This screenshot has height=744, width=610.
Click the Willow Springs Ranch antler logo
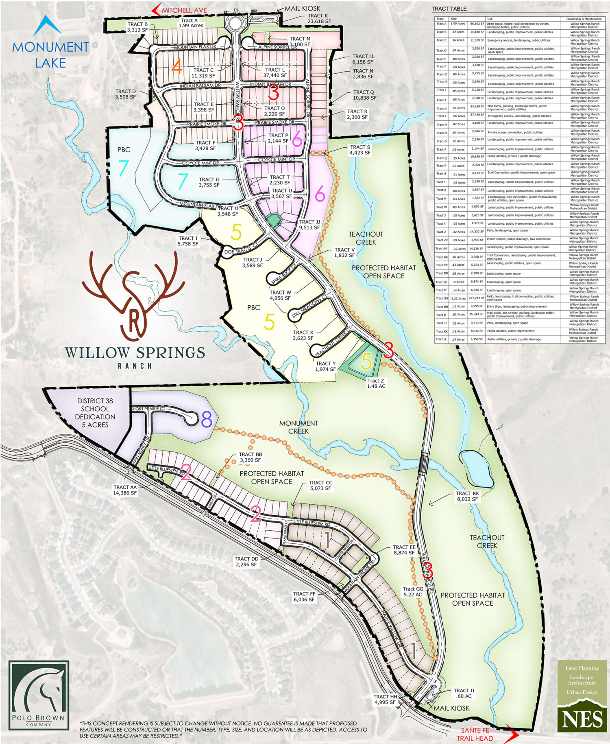[x=133, y=296]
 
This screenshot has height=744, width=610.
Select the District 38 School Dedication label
[x=95, y=413]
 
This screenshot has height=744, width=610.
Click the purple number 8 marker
[x=207, y=420]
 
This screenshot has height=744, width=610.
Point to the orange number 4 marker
[x=176, y=67]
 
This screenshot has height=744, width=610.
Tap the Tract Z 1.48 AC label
[x=376, y=383]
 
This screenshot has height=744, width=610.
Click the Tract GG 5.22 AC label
[x=413, y=591]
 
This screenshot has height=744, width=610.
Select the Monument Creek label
[x=298, y=427]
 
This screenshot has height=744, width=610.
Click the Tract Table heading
[x=449, y=9]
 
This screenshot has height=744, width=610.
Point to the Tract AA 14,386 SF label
[x=125, y=490]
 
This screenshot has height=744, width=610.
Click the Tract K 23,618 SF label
[x=319, y=18]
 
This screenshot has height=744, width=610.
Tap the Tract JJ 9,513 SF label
[x=309, y=225]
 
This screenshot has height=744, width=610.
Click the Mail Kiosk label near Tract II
[x=451, y=708]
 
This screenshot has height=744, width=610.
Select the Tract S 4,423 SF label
[x=360, y=150]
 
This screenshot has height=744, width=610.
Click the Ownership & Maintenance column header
[x=584, y=19]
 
